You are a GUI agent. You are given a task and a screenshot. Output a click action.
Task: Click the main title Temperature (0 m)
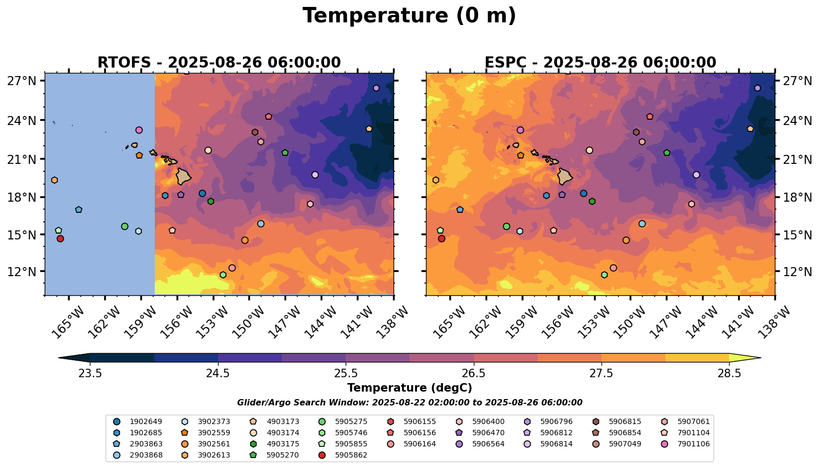click(x=409, y=16)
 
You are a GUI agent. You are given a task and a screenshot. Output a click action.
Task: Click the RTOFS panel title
click(x=219, y=63)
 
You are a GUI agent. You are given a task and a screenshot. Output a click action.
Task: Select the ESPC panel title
click(x=600, y=63)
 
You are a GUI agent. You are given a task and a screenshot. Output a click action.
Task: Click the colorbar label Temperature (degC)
click(x=409, y=388)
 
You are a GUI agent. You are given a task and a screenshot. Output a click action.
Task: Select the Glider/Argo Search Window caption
click(x=409, y=403)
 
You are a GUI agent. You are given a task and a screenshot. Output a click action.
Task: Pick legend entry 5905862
click(x=351, y=455)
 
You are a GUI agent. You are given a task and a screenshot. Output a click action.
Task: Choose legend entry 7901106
click(x=693, y=444)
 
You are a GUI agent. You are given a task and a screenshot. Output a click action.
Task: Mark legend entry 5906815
click(x=625, y=421)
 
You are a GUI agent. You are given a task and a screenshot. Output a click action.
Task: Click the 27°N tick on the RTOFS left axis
click(x=22, y=81)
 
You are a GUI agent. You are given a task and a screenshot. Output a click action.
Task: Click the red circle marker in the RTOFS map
click(x=60, y=238)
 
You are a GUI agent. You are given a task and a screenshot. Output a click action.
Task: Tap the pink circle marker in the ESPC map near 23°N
click(x=520, y=130)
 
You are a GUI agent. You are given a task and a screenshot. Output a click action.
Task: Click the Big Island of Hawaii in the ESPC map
click(x=565, y=176)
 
